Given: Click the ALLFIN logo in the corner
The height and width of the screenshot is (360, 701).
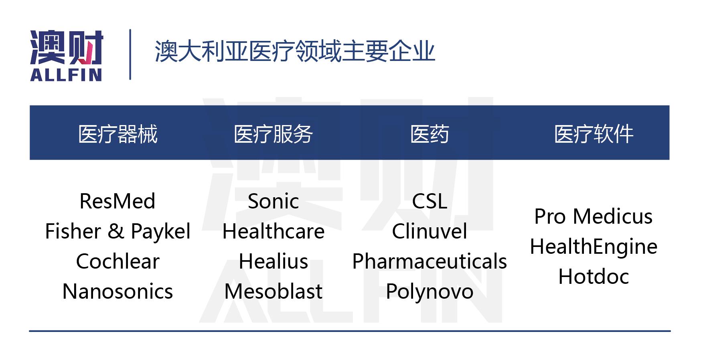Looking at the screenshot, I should pyautogui.click(x=67, y=55).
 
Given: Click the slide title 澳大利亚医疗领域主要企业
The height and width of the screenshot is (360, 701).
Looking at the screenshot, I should pyautogui.click(x=295, y=52).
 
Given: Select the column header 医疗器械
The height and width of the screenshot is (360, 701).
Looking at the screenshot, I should pyautogui.click(x=118, y=134).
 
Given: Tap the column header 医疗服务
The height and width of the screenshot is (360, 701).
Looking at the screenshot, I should pyautogui.click(x=273, y=134).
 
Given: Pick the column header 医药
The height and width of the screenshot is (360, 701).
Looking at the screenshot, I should pyautogui.click(x=429, y=134).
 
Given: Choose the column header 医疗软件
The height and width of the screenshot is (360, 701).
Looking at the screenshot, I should pyautogui.click(x=594, y=134).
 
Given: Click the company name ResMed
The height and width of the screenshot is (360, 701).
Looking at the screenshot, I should pyautogui.click(x=117, y=201).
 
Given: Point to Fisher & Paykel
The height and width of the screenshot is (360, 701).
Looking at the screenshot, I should pyautogui.click(x=118, y=231).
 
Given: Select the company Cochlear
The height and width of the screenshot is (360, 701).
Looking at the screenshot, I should pyautogui.click(x=118, y=261).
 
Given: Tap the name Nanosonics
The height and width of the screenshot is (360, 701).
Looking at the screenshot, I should pyautogui.click(x=118, y=291).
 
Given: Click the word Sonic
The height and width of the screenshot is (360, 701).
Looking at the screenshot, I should pyautogui.click(x=273, y=201).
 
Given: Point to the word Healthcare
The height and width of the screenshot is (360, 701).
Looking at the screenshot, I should pyautogui.click(x=273, y=231).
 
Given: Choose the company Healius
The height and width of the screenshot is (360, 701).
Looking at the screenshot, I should pyautogui.click(x=273, y=261).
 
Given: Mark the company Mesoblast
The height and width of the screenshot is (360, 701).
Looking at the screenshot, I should pyautogui.click(x=273, y=291).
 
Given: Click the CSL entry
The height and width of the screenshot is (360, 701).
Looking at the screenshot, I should pyautogui.click(x=429, y=201).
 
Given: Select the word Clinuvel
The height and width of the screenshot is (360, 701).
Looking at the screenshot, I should pyautogui.click(x=429, y=231).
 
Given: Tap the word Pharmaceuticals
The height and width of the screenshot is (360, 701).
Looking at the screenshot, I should pyautogui.click(x=429, y=261).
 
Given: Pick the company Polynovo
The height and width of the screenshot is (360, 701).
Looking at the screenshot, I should pyautogui.click(x=429, y=291).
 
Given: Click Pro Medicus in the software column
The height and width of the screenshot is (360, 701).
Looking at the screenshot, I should pyautogui.click(x=593, y=216).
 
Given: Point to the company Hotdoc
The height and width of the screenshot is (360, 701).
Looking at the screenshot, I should pyautogui.click(x=593, y=277).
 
